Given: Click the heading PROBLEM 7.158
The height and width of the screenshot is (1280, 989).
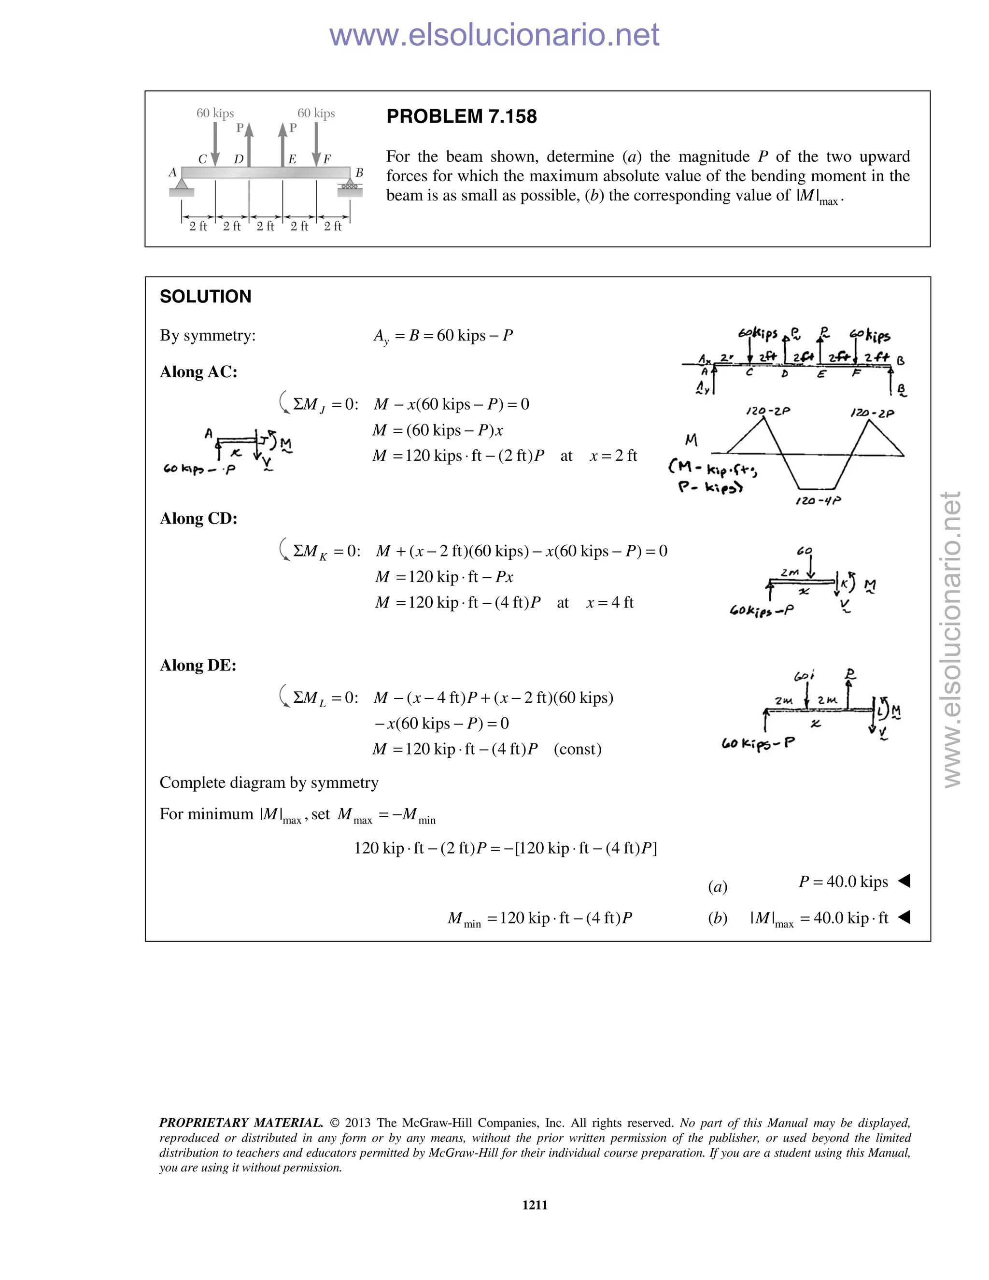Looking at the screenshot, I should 461,116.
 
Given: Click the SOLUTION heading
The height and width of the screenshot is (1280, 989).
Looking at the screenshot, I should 205,297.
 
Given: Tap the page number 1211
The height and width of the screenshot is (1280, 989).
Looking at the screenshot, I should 535,1204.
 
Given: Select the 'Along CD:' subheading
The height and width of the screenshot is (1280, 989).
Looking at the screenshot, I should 198,518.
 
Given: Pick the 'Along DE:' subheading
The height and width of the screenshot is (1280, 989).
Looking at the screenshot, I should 198,665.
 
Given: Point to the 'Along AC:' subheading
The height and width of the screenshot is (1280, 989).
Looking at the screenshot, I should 198,371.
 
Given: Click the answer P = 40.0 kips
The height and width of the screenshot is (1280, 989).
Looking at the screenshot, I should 843,882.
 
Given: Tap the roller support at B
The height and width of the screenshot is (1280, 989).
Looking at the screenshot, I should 349,187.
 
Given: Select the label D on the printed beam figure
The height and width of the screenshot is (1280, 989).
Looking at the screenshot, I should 239,159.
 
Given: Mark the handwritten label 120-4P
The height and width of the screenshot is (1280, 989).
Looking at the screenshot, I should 818,501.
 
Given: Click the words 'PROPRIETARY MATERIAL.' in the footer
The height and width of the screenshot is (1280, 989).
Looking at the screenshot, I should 241,1123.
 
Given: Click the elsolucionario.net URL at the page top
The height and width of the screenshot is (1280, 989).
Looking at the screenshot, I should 494,35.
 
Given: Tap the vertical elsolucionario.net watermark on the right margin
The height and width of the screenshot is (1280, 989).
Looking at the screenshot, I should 952,639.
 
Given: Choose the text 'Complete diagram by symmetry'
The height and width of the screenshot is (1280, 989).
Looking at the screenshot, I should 269,782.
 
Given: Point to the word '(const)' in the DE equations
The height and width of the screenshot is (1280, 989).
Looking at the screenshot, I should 577,749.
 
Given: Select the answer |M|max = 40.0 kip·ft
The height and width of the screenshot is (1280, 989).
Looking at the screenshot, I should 819,918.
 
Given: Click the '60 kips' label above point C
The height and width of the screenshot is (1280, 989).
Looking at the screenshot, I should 215,113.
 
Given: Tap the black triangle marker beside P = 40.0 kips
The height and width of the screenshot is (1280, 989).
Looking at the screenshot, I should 904,880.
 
